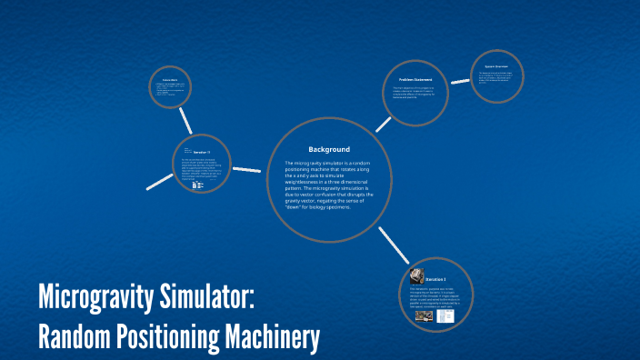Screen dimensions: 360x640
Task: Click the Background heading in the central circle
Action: [x=328, y=149]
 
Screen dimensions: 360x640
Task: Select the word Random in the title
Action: [x=73, y=335]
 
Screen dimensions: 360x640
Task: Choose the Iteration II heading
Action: [x=202, y=152]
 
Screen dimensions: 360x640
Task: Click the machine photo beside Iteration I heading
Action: [x=418, y=275]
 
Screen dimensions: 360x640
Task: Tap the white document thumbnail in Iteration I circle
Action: [x=445, y=318]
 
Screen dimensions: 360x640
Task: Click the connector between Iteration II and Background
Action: [x=246, y=170]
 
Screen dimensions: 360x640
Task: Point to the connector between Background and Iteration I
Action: [x=393, y=245]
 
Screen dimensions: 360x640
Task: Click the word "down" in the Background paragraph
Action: [x=295, y=207]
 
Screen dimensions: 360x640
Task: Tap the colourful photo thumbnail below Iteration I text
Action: [x=425, y=317]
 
